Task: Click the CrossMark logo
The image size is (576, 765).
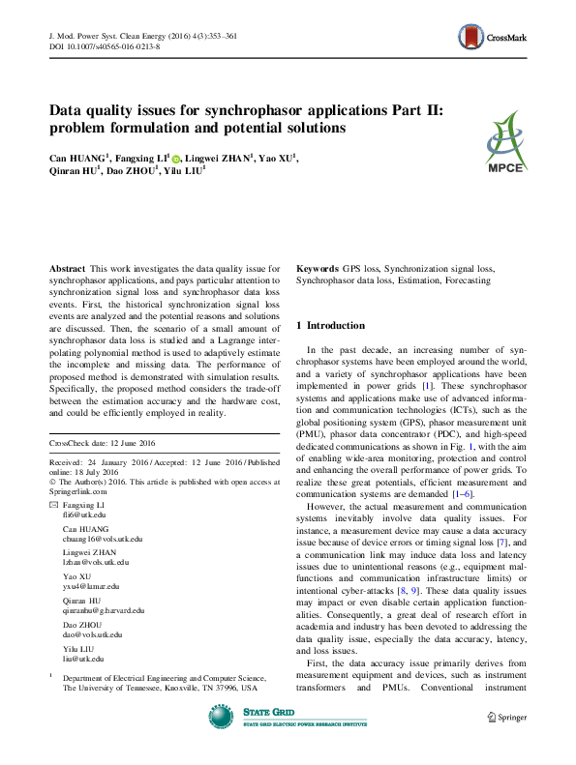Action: (x=494, y=38)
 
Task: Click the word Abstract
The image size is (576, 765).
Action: (x=67, y=267)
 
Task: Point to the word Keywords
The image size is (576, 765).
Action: (x=317, y=267)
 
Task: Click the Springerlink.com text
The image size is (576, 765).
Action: (x=78, y=491)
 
